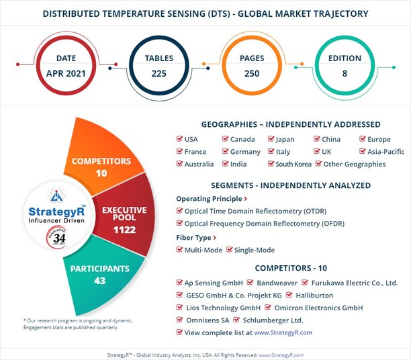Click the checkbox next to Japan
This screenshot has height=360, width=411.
point(271,140)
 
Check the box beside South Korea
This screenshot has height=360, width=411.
point(271,165)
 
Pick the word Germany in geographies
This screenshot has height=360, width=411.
point(245,152)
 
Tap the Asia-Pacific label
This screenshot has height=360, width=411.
point(387,152)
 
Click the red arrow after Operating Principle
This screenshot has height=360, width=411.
point(245,199)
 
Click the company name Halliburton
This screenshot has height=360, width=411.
point(314,295)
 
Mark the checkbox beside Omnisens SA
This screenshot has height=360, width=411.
point(179,320)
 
